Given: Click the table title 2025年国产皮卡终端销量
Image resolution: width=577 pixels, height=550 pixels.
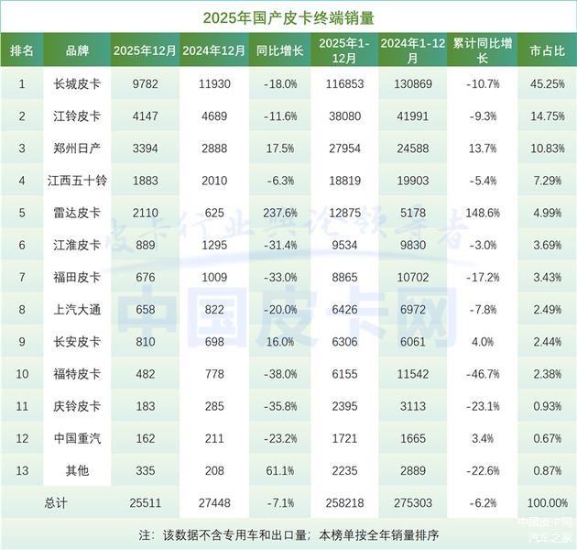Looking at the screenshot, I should [288, 17].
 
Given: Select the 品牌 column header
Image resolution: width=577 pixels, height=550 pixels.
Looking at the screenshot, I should [77, 51].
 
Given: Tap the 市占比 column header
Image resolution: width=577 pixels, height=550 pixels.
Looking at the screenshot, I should [547, 51].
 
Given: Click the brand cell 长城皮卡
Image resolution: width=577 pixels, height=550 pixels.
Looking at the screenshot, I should [77, 84].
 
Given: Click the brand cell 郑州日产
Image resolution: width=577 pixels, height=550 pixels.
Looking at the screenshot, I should [77, 148].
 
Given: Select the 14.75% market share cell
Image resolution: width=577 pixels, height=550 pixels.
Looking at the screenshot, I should [547, 116].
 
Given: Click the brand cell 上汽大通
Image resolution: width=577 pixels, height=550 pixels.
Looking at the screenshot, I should [77, 310].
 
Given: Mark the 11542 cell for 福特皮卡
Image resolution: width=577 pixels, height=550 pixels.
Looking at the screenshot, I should [411, 374].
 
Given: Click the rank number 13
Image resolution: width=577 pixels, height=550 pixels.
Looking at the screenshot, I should [22, 470].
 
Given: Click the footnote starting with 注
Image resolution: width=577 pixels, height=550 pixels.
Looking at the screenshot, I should [288, 533].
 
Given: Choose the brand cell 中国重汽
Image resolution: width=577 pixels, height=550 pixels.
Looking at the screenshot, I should [77, 438].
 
